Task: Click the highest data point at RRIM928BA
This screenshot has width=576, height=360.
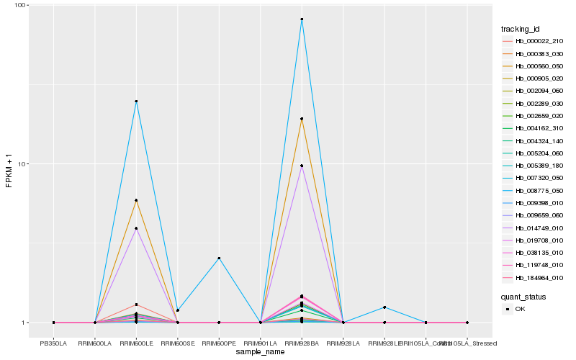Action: click(x=302, y=19)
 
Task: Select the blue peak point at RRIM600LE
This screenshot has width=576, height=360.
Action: click(x=136, y=102)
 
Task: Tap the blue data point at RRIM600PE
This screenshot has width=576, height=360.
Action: click(x=219, y=258)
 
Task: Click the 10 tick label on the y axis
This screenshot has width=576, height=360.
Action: click(x=20, y=163)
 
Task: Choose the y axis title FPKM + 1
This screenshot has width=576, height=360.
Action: click(x=9, y=163)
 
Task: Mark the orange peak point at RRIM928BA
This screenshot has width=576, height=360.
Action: click(x=302, y=119)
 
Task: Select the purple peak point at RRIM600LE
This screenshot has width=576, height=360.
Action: click(x=136, y=228)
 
